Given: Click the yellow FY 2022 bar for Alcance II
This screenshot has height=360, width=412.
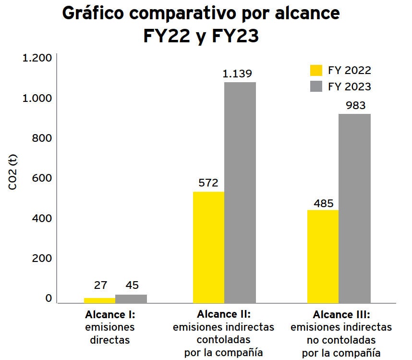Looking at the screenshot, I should tap(208, 247).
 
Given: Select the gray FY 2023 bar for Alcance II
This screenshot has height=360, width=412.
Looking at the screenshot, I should tap(240, 192).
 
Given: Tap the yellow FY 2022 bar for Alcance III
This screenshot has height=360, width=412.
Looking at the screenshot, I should tap(323, 256).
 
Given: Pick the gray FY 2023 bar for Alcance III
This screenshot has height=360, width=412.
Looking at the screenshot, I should tap(355, 208).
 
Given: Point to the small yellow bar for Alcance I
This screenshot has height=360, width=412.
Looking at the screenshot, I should tap(99, 300).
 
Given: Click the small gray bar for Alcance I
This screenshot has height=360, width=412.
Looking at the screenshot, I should tap(131, 298).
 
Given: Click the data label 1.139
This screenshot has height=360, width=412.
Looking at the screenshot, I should tap(237, 74).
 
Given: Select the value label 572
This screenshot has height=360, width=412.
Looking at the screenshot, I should tap(208, 183).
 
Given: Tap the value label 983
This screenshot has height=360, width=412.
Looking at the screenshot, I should tap(352, 106).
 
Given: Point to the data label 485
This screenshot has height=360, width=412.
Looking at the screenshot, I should tap(324, 203).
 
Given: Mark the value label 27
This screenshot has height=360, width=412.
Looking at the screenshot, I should tap(100, 285).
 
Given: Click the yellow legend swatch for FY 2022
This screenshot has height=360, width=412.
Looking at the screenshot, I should tap(316, 71).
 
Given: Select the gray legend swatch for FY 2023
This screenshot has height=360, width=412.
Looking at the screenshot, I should tap(316, 87).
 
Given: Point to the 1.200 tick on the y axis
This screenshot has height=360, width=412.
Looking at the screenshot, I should tap(37, 58).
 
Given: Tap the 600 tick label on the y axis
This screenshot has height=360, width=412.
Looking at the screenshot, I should tap(42, 178).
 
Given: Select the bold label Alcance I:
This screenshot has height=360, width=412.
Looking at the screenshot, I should tap(110, 315).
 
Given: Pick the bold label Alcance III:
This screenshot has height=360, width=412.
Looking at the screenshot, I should tap(341, 315).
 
